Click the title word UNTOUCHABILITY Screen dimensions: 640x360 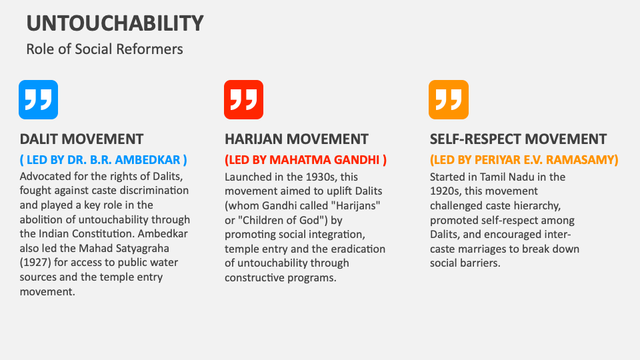(x=115, y=23)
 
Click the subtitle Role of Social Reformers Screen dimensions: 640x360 (x=105, y=49)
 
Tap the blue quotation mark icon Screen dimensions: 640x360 (x=39, y=99)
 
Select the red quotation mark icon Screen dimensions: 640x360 (x=244, y=99)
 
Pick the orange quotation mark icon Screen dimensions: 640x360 (x=449, y=99)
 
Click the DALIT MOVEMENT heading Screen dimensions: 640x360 (x=81, y=139)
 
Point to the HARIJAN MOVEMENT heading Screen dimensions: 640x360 (x=296, y=139)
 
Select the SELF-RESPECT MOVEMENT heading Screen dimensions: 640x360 (x=519, y=139)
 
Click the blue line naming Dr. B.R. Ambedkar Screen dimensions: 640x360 (x=103, y=159)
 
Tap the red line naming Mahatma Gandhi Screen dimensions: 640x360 (x=306, y=159)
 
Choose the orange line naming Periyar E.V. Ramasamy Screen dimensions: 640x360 (x=524, y=159)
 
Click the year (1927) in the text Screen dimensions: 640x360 (x=35, y=263)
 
